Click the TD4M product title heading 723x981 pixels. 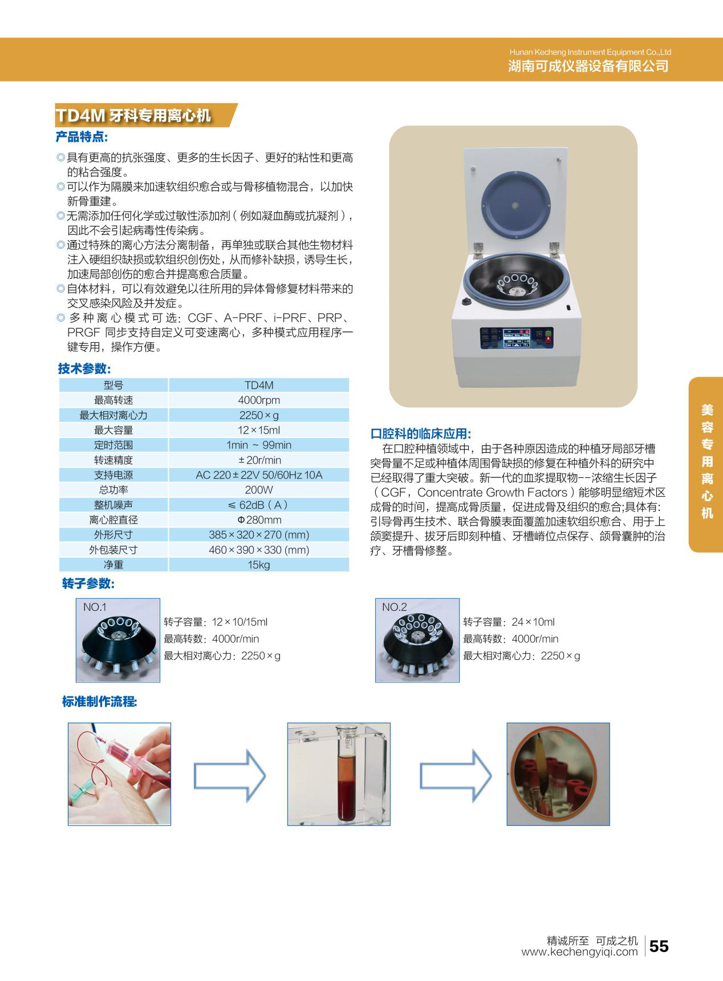pyautogui.click(x=133, y=115)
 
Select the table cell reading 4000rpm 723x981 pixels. pyautogui.click(x=259, y=400)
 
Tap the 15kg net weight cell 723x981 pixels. pyautogui.click(x=259, y=565)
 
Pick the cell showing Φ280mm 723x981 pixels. pyautogui.click(x=259, y=520)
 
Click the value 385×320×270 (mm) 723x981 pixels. pyautogui.click(x=259, y=534)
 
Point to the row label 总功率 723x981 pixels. pyautogui.click(x=113, y=490)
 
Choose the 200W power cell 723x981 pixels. pyautogui.click(x=259, y=490)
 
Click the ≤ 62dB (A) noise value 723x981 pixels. pyautogui.click(x=259, y=505)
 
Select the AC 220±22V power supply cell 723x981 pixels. pyautogui.click(x=259, y=475)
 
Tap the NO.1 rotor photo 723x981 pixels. pyautogui.click(x=118, y=640)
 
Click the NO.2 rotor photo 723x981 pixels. pyautogui.click(x=417, y=640)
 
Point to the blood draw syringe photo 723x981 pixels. pyautogui.click(x=120, y=774)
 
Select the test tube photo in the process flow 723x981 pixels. pyautogui.click(x=339, y=774)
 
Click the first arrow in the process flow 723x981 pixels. pyautogui.click(x=230, y=776)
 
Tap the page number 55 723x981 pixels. pyautogui.click(x=659, y=946)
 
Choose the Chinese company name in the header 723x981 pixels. pyautogui.click(x=588, y=66)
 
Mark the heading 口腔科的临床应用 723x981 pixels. pyautogui.click(x=421, y=433)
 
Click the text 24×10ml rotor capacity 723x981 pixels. pyautogui.click(x=533, y=622)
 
